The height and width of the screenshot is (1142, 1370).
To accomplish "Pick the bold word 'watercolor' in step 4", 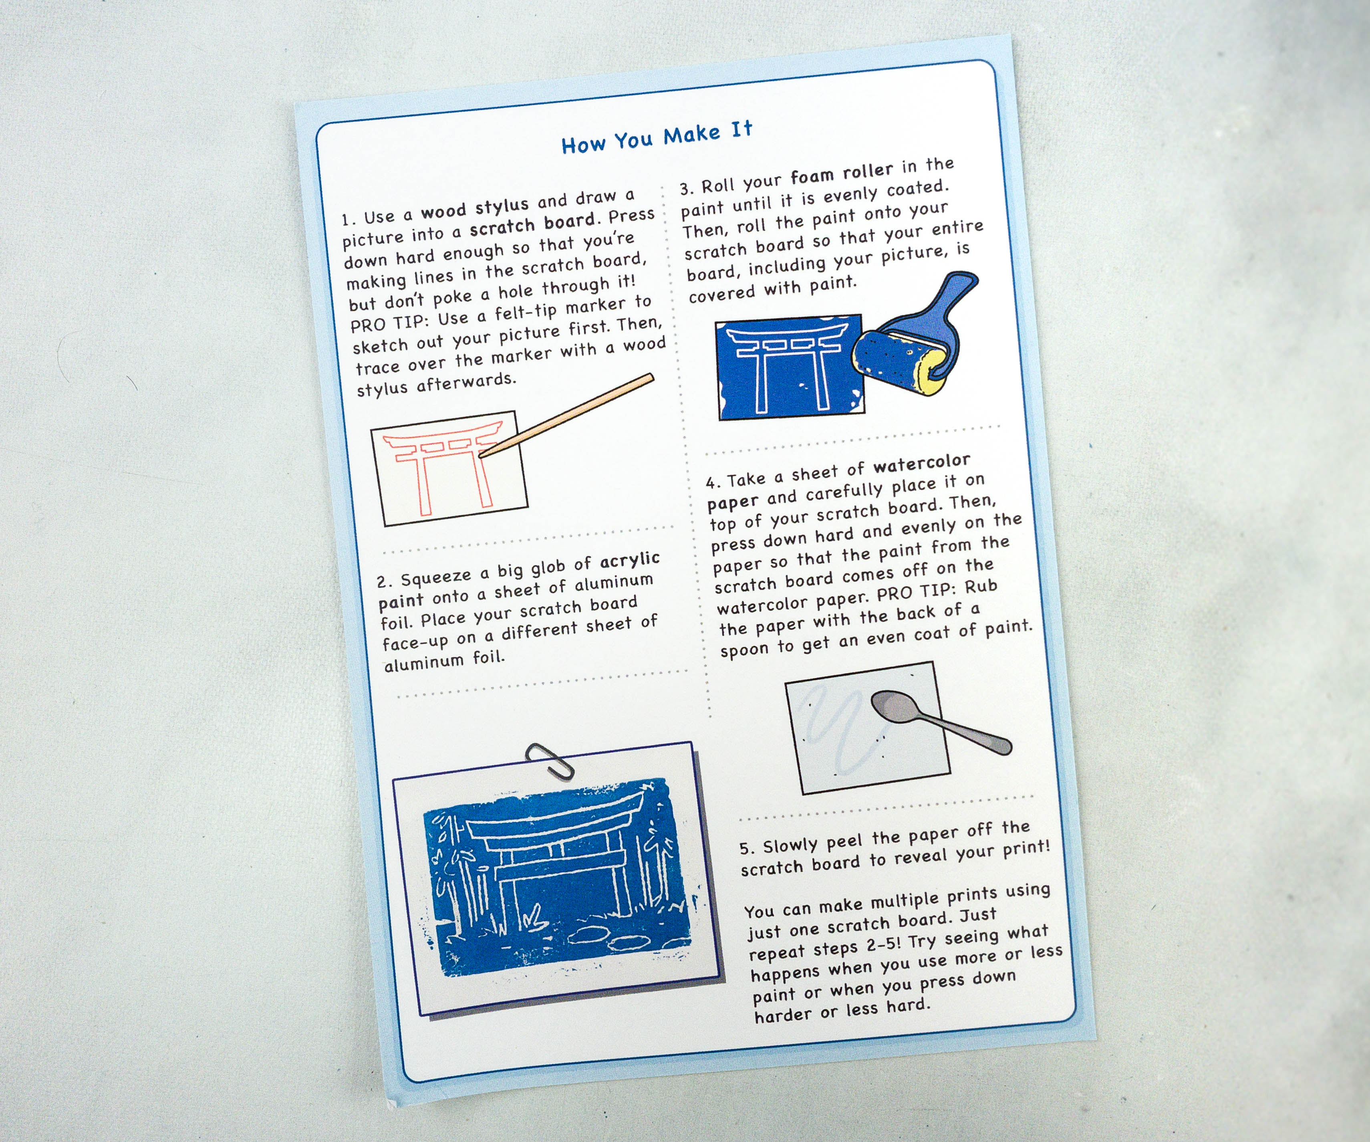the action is pyautogui.click(x=922, y=463).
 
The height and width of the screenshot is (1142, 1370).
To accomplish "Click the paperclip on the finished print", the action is pyautogui.click(x=549, y=760).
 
